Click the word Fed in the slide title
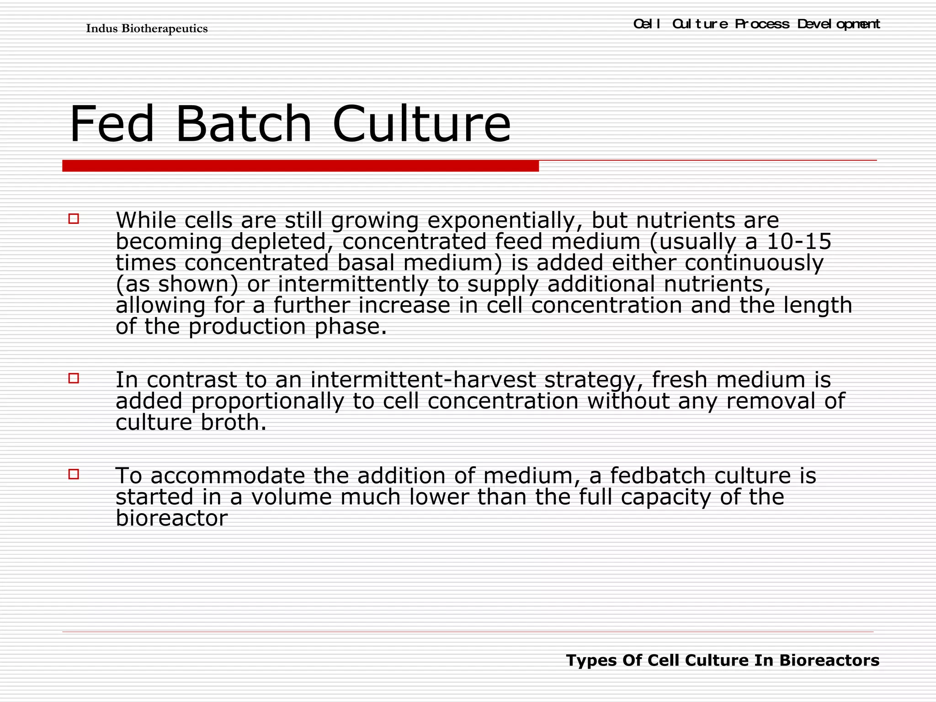[112, 124]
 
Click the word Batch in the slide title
[243, 124]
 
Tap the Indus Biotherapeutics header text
[147, 29]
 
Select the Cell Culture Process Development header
[756, 24]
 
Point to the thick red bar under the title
[300, 166]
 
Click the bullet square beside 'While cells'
[74, 219]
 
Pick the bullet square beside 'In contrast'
[74, 378]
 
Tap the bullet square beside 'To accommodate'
[74, 474]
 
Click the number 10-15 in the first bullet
[799, 241]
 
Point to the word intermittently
[353, 284]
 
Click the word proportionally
[267, 401]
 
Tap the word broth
[233, 422]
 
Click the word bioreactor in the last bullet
[171, 518]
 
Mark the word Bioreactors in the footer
[829, 660]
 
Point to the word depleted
[282, 242]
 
